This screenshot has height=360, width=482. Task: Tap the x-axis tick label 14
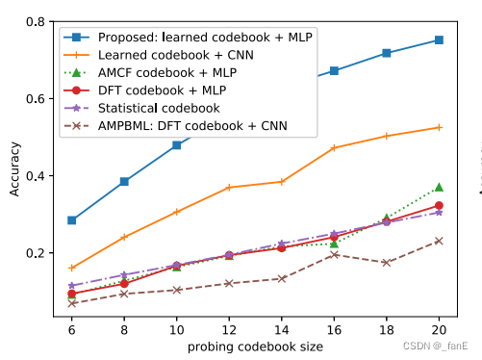(281, 329)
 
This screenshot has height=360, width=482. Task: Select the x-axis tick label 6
(71, 329)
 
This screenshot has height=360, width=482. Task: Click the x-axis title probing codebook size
(255, 346)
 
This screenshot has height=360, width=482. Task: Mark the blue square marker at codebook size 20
(439, 40)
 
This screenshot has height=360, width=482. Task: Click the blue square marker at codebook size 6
(71, 220)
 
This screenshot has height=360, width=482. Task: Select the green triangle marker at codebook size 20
(439, 187)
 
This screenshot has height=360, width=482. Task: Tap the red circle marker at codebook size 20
(439, 205)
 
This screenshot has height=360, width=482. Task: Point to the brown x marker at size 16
(334, 255)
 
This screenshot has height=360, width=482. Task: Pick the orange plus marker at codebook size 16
(334, 148)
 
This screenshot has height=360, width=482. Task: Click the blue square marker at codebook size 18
(387, 53)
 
